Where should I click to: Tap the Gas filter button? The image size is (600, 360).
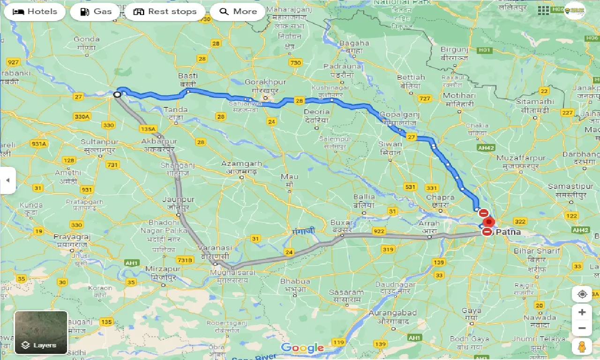click(96, 12)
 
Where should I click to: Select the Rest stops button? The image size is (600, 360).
click(165, 12)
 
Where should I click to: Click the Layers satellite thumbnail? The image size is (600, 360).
click(41, 332)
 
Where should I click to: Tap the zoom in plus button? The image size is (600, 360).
click(582, 312)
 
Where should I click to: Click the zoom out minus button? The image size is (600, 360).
click(582, 328)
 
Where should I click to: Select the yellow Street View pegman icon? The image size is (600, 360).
click(582, 347)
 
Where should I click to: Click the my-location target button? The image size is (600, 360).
click(582, 294)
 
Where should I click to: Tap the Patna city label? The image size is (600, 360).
click(508, 232)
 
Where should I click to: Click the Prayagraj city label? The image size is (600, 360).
click(72, 237)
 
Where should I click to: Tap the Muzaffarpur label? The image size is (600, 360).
click(521, 158)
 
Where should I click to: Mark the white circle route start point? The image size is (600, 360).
click(117, 94)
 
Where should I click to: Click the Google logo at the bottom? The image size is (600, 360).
click(302, 348)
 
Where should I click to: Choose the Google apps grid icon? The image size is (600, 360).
click(544, 10)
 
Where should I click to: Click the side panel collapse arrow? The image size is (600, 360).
click(7, 180)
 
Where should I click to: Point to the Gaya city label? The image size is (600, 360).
click(471, 311)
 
